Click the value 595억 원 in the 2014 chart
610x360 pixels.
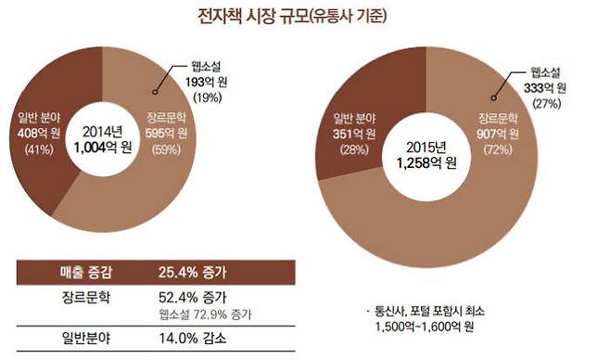(x=170, y=132)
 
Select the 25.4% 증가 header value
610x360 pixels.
(x=195, y=273)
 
